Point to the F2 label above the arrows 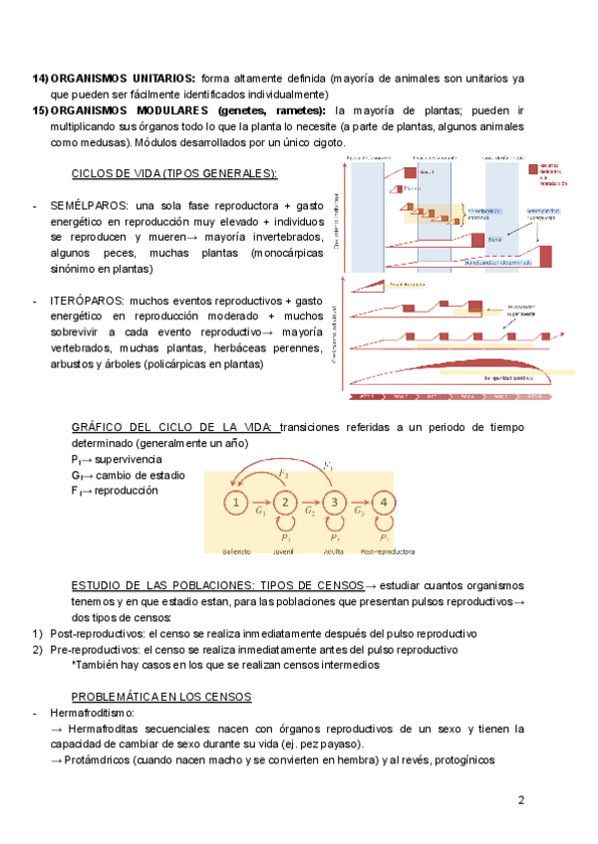[285, 473]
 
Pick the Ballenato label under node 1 [236, 550]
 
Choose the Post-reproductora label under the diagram [388, 550]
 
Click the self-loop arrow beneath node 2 [286, 525]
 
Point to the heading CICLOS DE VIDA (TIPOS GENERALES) [174, 172]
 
